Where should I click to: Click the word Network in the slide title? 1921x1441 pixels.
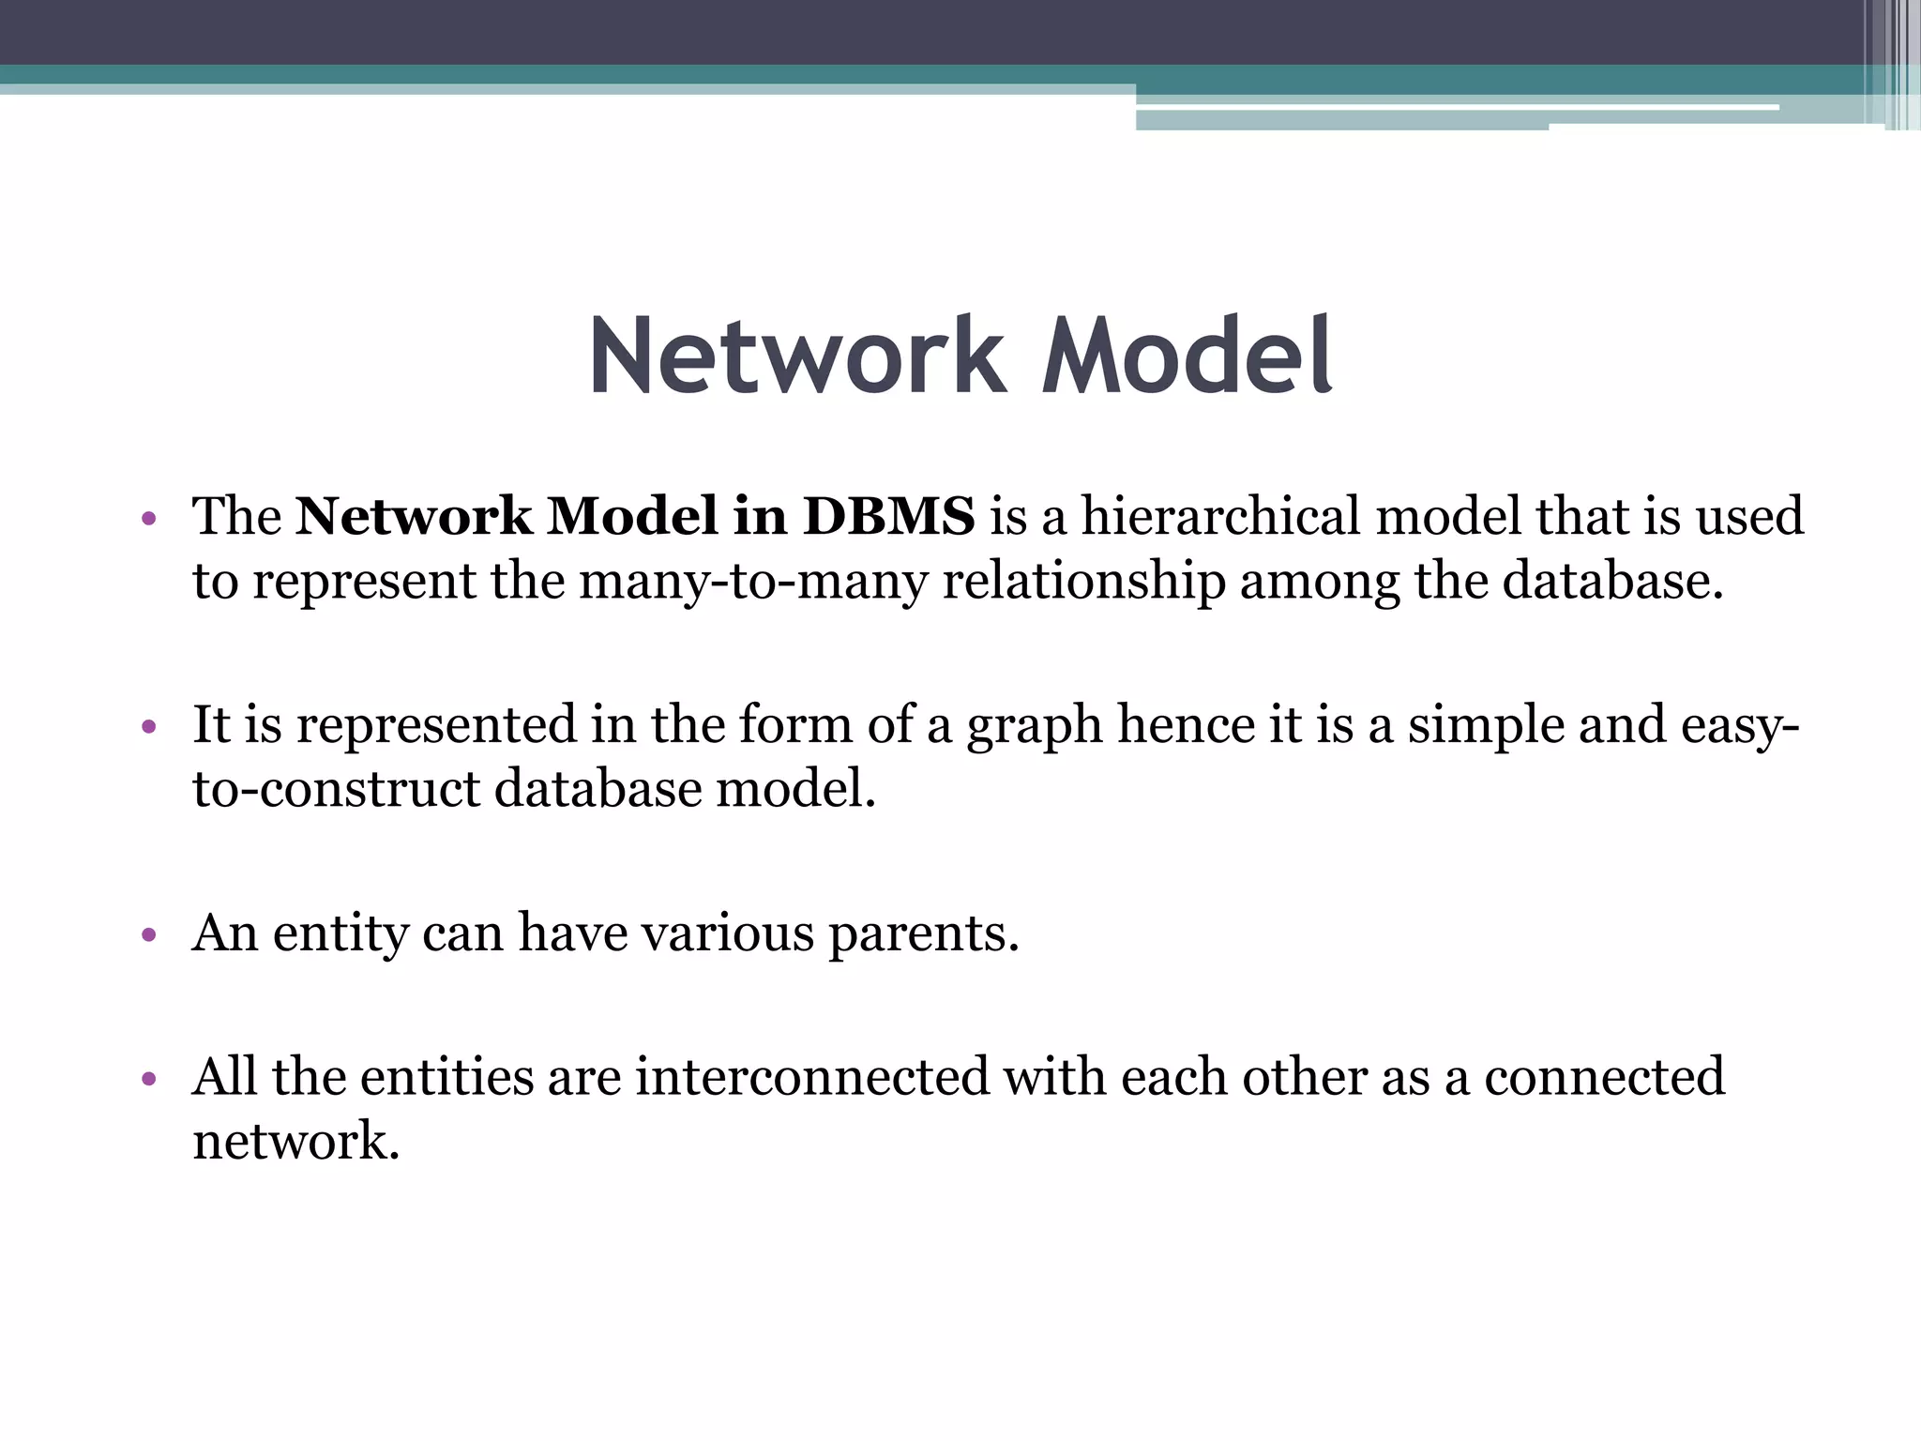pyautogui.click(x=796, y=357)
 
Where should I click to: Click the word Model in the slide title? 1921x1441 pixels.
pyautogui.click(x=1186, y=357)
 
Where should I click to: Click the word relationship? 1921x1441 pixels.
pyautogui.click(x=1083, y=581)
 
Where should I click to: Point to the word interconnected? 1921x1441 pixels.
pyautogui.click(x=811, y=1076)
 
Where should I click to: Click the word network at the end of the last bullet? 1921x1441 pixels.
pyautogui.click(x=295, y=1141)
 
